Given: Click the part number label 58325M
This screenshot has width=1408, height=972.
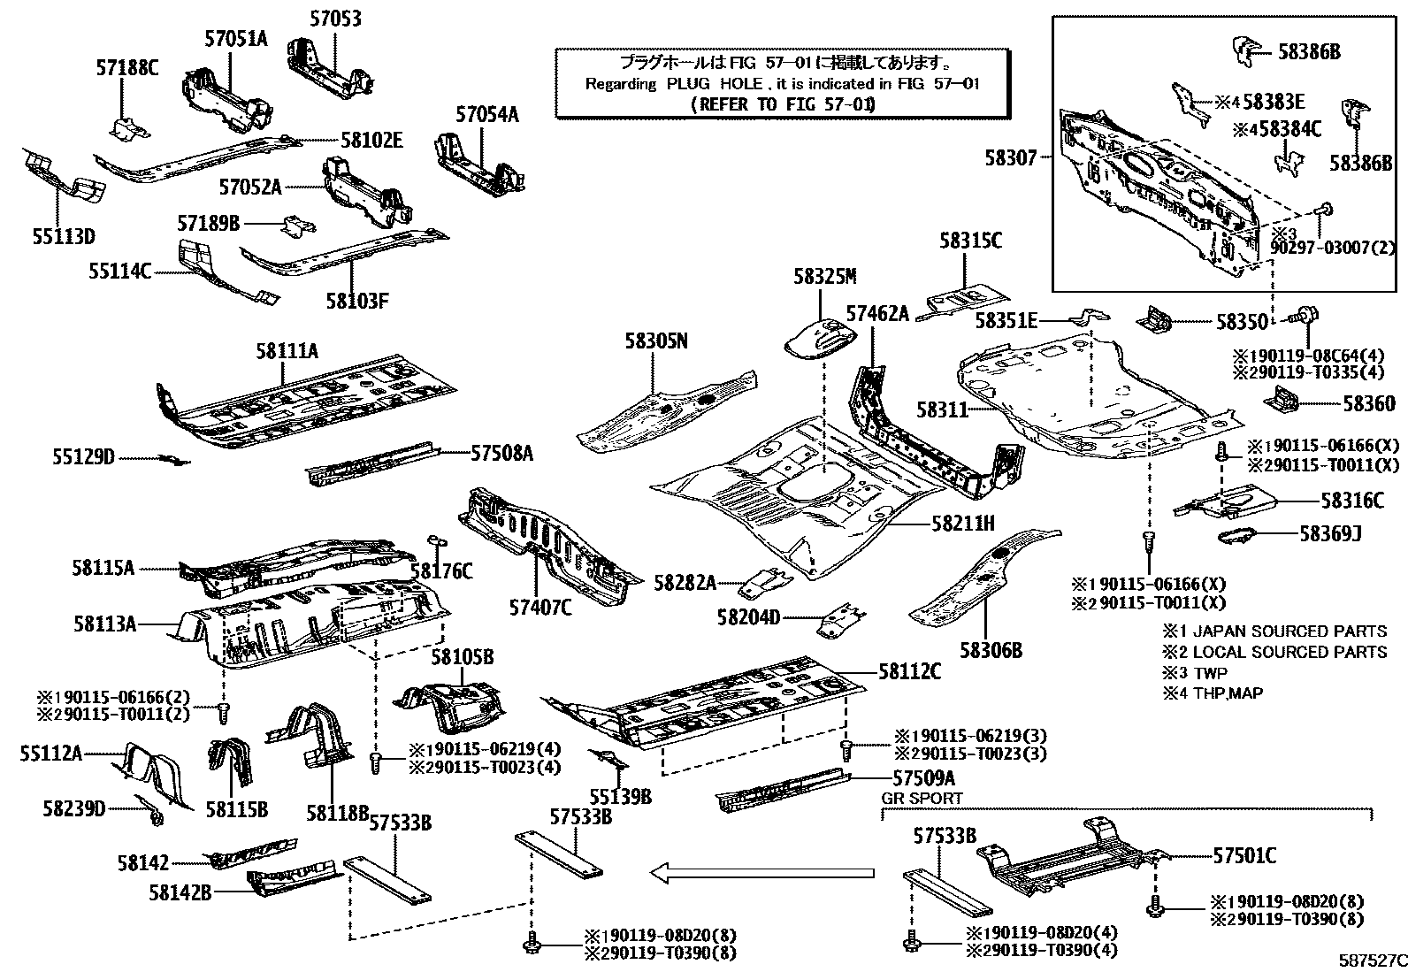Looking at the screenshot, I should (x=824, y=277).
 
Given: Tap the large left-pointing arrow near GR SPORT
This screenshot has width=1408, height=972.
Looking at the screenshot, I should (x=762, y=874).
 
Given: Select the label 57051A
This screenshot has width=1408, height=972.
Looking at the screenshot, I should (x=235, y=38).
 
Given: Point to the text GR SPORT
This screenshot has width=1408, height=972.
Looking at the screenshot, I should (x=922, y=798).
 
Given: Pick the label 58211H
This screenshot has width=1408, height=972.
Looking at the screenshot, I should (x=962, y=524).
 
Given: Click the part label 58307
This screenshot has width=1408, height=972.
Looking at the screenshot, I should (x=1011, y=158).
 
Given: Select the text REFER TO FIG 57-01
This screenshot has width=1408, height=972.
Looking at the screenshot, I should (x=781, y=104).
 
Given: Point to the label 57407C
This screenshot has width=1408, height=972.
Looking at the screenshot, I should (x=539, y=608).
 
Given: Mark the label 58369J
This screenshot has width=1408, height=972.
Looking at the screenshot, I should (x=1330, y=533).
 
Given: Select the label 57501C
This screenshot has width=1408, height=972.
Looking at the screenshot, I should (x=1244, y=856).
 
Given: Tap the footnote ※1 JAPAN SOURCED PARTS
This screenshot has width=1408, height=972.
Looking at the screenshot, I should (x=1274, y=631).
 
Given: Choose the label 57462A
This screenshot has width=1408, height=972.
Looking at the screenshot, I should (x=877, y=313).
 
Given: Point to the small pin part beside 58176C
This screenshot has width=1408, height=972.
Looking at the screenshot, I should (x=434, y=541).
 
